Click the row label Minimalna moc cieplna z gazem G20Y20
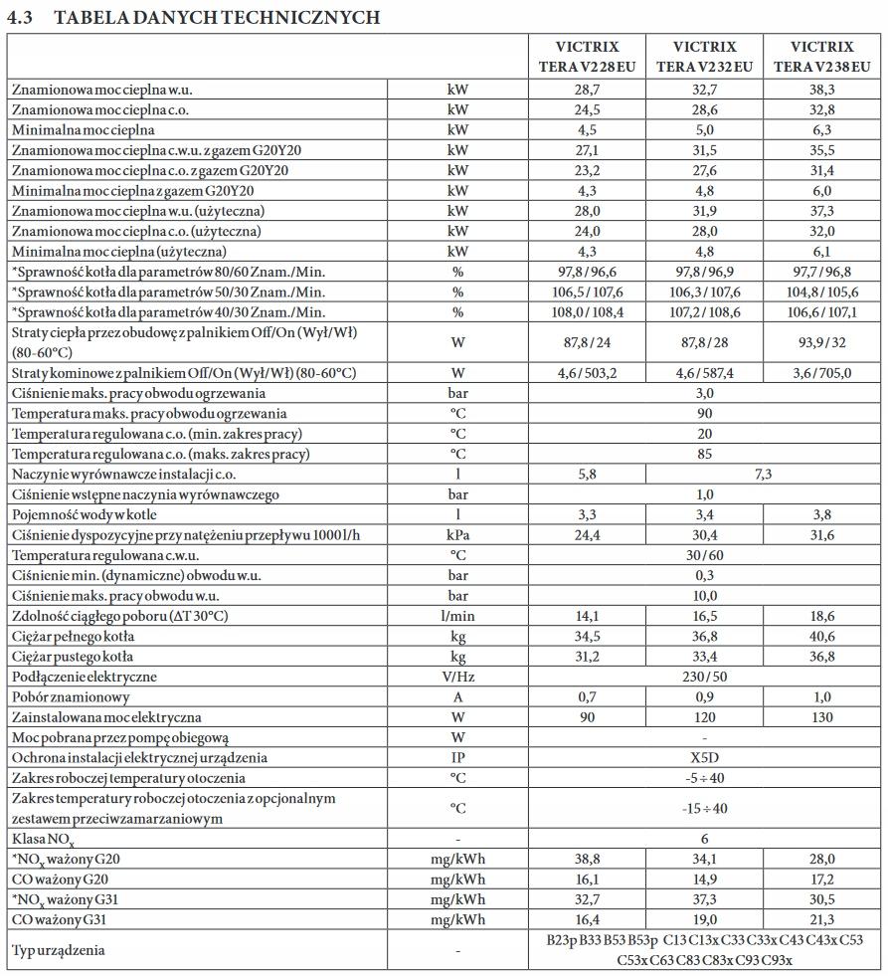pos(133,191)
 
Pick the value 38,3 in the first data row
pos(821,90)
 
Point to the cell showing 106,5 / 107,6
pos(586,292)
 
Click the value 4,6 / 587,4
pos(704,372)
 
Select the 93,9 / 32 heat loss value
pos(821,342)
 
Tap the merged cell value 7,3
pos(763,474)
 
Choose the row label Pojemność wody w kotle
pos(85,514)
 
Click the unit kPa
pos(457,534)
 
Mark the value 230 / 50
pos(704,677)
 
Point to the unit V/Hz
pos(457,677)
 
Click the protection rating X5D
pos(704,757)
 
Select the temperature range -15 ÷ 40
pos(704,808)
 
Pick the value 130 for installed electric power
pos(821,716)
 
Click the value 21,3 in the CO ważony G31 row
pos(821,919)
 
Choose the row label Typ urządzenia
pos(59,950)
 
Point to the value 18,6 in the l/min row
pos(821,616)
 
